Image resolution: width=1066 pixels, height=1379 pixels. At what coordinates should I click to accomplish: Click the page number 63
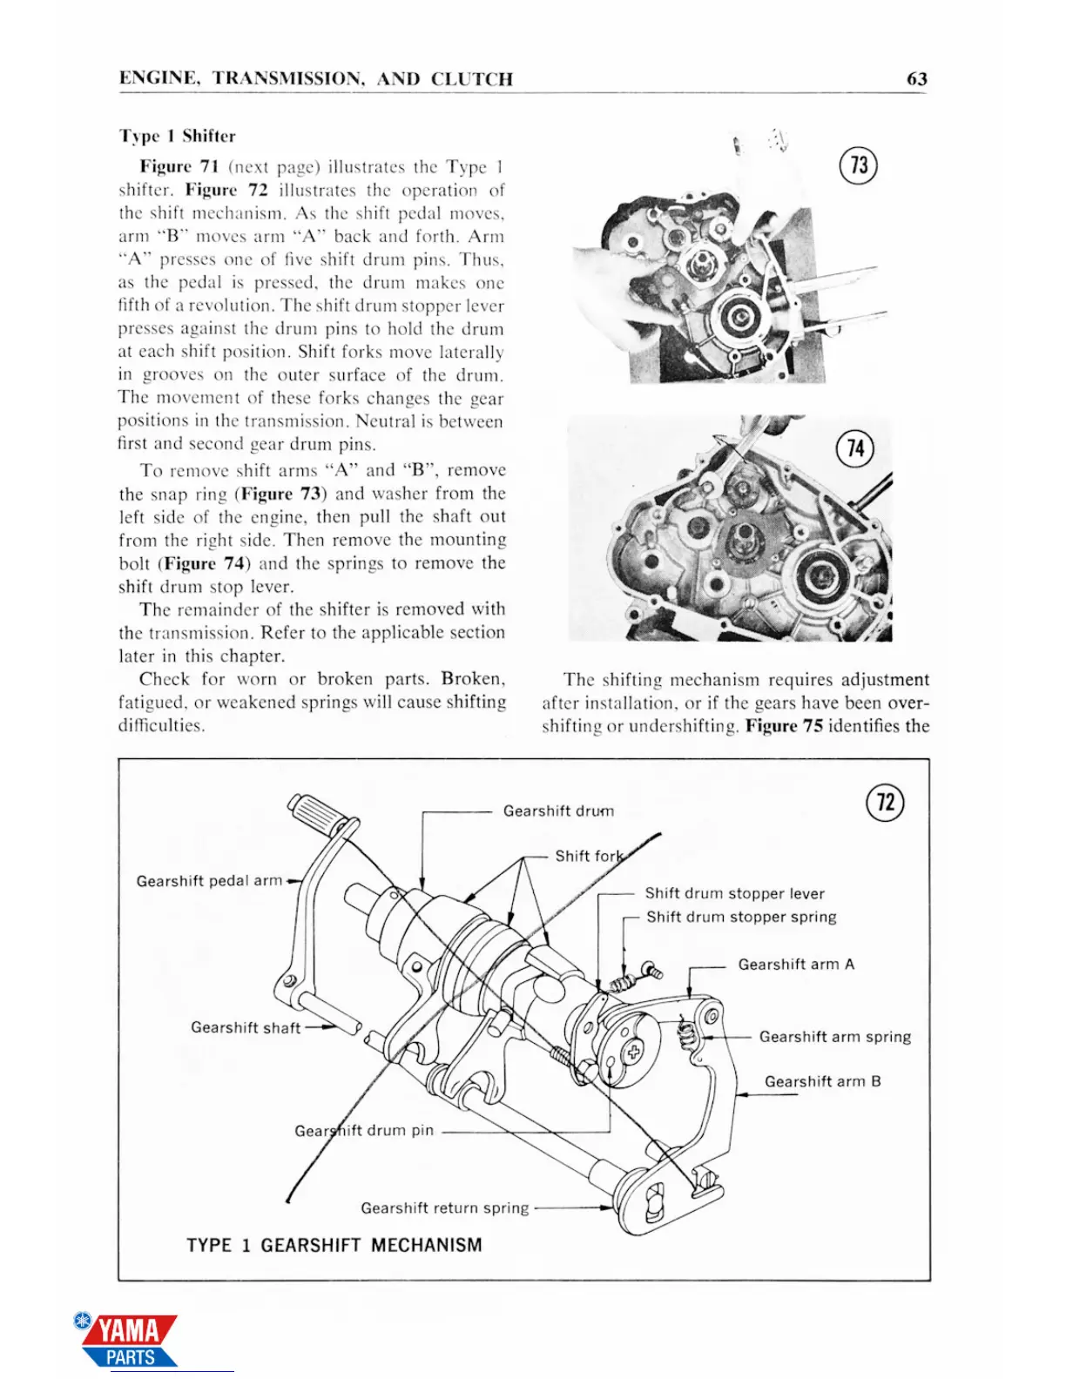916,79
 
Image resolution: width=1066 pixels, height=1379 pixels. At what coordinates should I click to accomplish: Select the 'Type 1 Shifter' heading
178,136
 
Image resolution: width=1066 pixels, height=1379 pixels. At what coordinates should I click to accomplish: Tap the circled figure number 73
858,165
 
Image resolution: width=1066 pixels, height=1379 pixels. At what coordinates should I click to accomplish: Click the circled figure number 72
885,802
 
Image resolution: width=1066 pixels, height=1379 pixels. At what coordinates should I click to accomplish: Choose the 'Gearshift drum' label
558,811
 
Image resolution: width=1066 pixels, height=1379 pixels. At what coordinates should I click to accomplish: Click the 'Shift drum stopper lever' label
734,893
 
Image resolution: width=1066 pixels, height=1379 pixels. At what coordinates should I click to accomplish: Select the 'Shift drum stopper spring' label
741,917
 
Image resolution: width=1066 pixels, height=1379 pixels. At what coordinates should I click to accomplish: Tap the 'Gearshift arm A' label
796,965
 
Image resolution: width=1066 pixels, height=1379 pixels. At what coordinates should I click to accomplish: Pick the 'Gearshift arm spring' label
834,1037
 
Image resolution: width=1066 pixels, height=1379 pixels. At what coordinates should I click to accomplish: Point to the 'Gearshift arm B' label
822,1081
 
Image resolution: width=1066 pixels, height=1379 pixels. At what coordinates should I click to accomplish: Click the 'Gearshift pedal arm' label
209,881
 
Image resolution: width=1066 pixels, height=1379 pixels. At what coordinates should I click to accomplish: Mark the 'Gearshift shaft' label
246,1027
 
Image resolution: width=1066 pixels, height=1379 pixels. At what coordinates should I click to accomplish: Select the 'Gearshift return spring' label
444,1208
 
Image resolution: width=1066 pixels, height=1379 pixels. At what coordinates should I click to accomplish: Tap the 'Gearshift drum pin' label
364,1131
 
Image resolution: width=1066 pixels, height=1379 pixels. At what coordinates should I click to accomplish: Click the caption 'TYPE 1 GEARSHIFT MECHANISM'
334,1245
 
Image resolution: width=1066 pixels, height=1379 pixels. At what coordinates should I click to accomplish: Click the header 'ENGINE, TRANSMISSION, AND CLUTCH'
315,79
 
